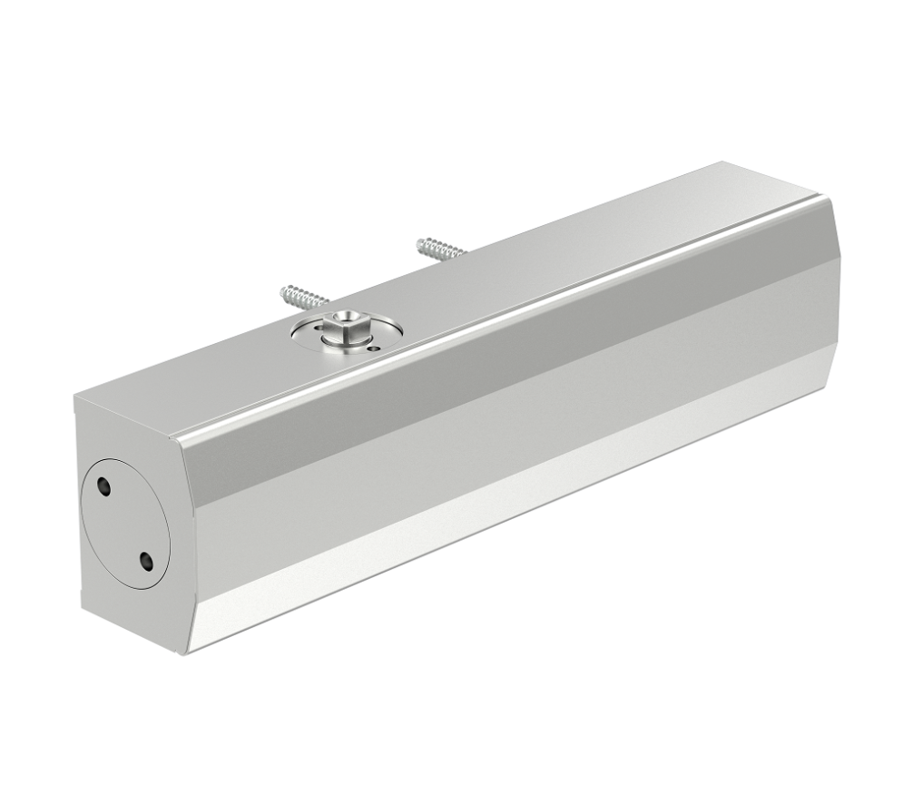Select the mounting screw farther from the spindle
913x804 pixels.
[439, 249]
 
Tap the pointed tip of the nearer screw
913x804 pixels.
[283, 290]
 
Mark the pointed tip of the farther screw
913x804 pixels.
[418, 241]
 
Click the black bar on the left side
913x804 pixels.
[27, 402]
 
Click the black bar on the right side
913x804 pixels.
[885, 402]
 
